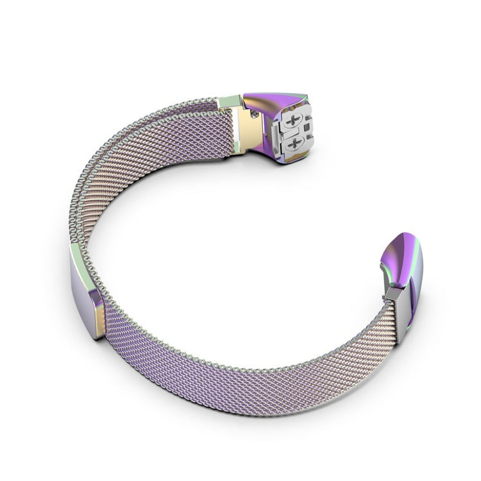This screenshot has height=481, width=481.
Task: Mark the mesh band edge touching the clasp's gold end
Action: tap(106, 321)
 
